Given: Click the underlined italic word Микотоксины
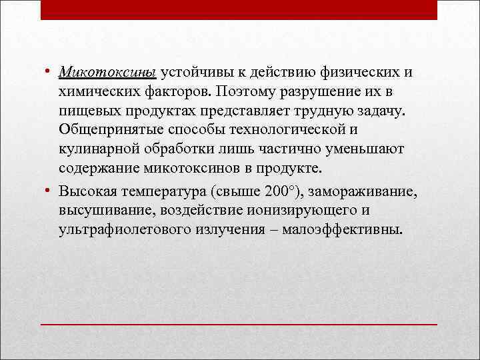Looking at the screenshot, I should pos(107,71).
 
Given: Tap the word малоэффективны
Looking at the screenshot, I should pos(343,231).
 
